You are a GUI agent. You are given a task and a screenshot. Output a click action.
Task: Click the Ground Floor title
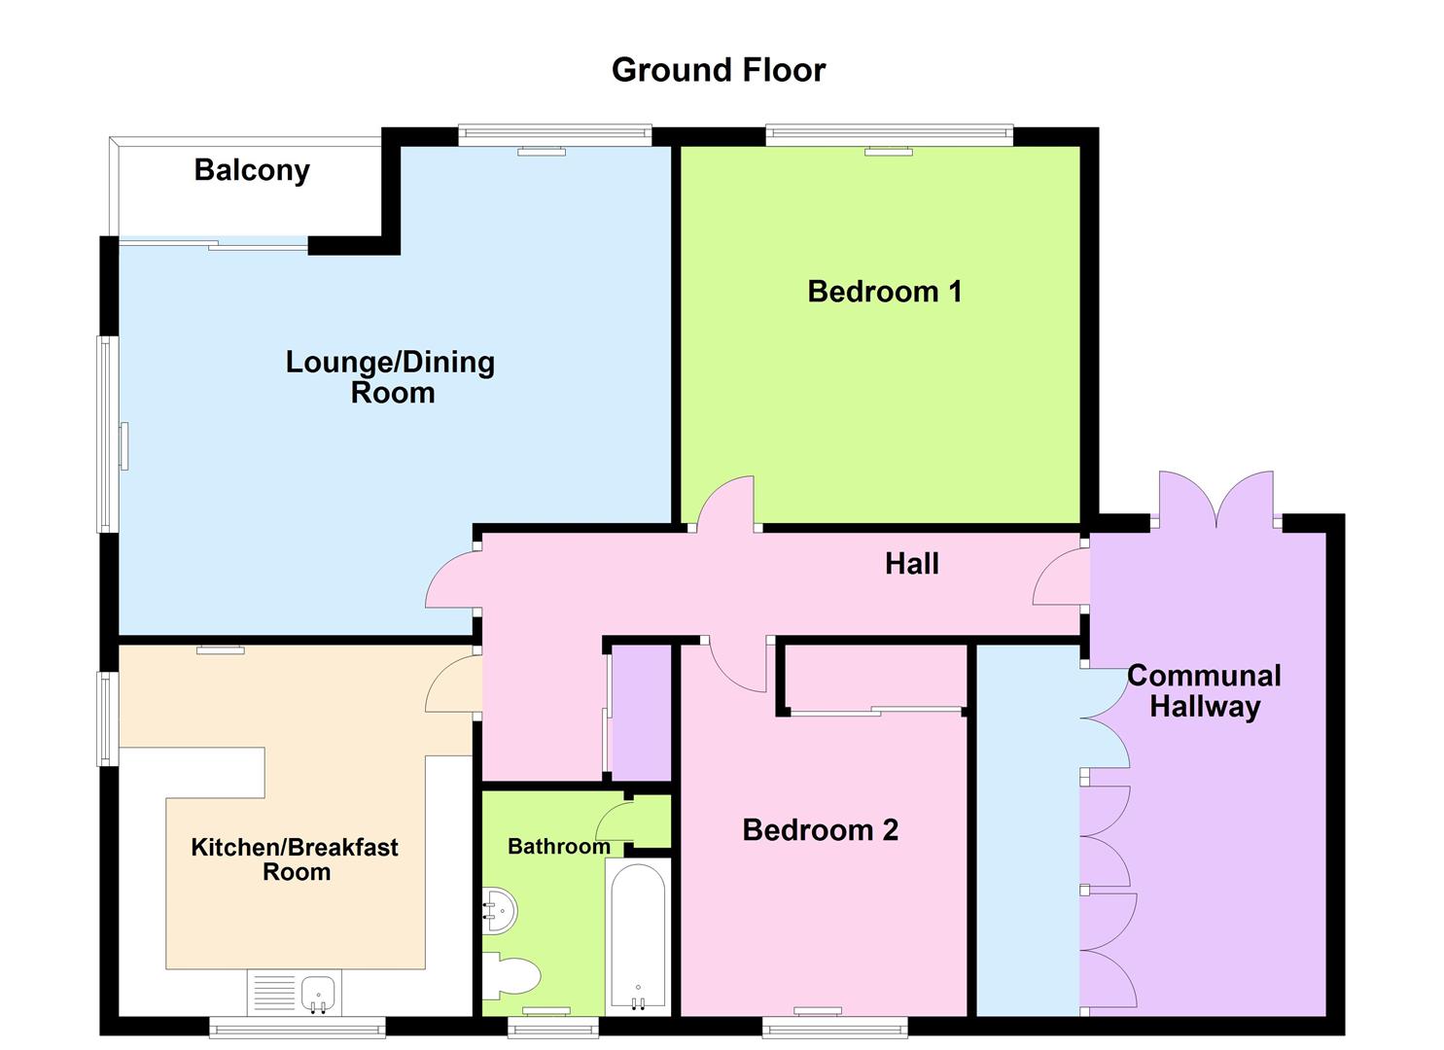719,70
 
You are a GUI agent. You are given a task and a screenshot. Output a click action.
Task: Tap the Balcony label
252,170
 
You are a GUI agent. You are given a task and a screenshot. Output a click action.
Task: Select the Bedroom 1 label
884,292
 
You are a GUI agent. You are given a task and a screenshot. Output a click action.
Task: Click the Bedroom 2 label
820,830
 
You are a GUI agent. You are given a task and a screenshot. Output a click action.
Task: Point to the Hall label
911,564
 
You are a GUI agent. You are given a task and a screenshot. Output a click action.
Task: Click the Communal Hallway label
1204,690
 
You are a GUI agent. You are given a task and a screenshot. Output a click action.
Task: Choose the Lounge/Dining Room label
391,377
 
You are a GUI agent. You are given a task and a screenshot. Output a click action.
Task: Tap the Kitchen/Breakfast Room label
295,859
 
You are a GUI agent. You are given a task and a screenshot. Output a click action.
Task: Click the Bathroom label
558,847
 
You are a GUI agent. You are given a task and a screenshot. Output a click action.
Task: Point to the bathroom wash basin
500,911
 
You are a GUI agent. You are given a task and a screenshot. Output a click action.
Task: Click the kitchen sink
318,994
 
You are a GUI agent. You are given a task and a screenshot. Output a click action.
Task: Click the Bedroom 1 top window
889,135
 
